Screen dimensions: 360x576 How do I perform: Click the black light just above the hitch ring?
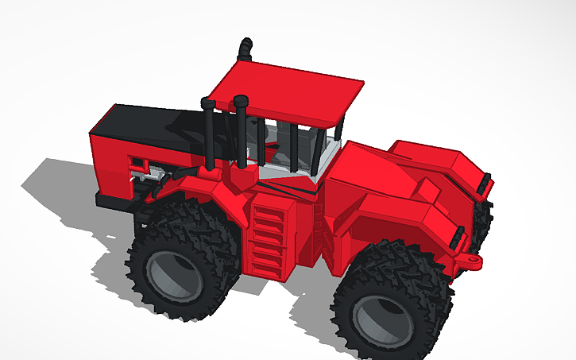[x=457, y=236]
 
